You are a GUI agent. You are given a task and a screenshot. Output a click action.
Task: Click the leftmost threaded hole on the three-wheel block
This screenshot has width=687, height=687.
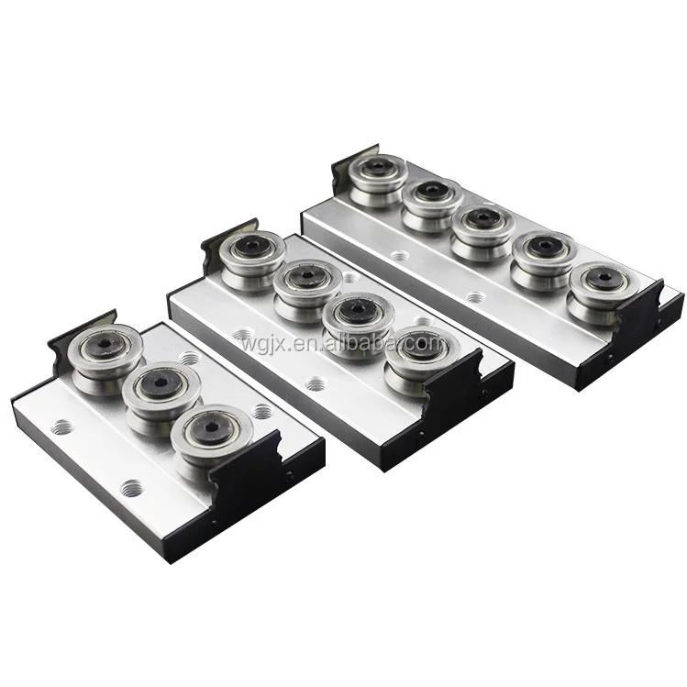click(x=64, y=424)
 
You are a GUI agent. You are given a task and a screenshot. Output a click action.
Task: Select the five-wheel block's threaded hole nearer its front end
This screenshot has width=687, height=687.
click(x=474, y=296)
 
